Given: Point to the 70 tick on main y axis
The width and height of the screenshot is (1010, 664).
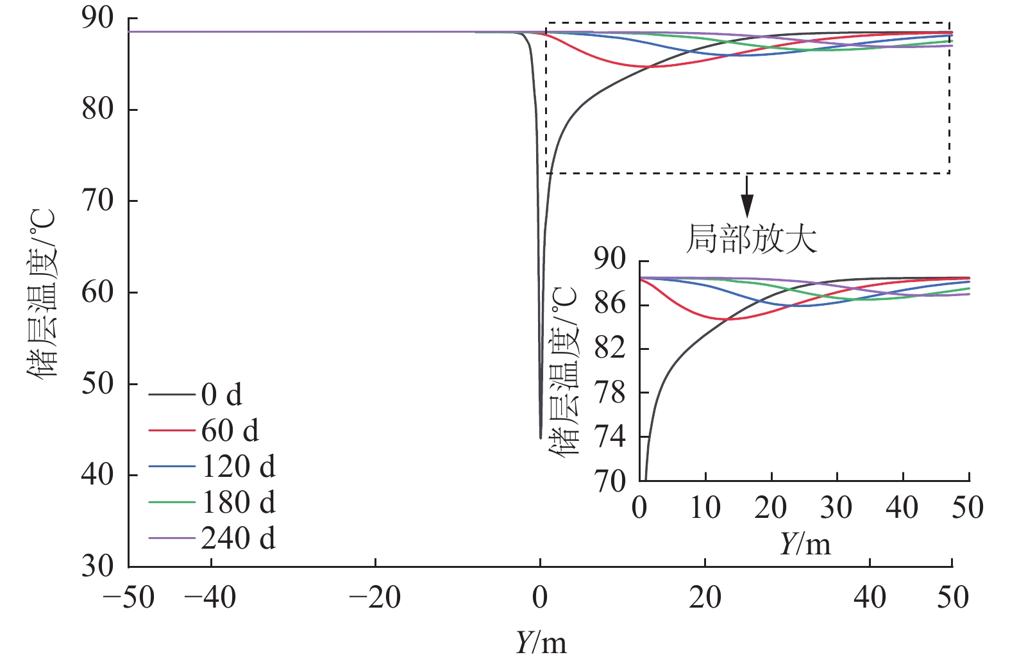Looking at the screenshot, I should (97, 201).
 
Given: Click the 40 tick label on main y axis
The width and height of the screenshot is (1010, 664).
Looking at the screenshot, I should (97, 475).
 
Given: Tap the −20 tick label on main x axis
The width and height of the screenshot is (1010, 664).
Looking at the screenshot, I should (375, 598).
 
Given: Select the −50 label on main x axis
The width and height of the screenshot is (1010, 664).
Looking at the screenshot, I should (129, 598).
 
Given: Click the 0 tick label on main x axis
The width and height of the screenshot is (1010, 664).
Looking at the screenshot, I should (540, 598).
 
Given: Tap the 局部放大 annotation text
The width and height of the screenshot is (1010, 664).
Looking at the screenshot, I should (752, 239).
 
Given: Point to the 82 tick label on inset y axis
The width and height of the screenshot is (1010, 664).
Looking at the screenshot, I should (609, 349).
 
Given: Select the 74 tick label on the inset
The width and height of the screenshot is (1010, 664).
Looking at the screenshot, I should (609, 437).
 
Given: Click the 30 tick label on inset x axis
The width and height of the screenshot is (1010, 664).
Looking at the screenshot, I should (836, 508).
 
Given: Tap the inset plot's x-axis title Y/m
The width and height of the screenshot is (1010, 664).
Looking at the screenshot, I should (805, 544).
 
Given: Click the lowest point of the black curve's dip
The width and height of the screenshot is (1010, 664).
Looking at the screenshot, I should (541, 438).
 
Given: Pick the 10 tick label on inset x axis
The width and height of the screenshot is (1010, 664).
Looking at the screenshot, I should (705, 508).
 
